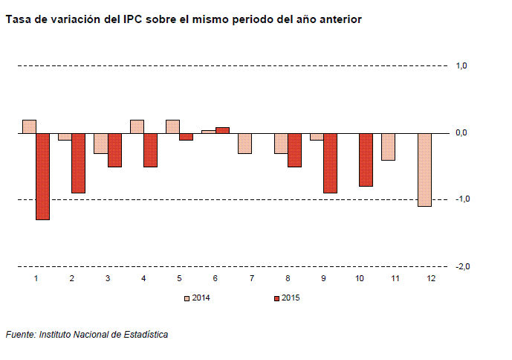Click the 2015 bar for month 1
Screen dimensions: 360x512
tap(43, 176)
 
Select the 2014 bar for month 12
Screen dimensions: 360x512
tap(425, 170)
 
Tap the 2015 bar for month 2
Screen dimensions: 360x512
tap(79, 163)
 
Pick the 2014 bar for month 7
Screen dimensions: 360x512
tap(244, 144)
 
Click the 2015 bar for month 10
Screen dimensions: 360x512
tap(366, 160)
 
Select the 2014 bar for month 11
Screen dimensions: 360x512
tap(389, 147)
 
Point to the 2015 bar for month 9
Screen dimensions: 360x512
tap(331, 163)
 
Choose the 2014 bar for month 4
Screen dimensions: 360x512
tap(137, 126)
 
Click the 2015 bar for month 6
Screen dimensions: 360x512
tap(222, 130)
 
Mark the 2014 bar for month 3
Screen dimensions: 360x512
tap(100, 144)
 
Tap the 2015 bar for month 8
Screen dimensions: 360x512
tap(294, 150)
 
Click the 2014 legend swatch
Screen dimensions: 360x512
tap(187, 298)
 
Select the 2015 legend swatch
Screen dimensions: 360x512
tap(277, 298)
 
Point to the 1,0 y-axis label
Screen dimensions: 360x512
tap(461, 66)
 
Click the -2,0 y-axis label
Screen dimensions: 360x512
tap(460, 266)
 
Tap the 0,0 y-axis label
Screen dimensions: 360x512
tap(461, 132)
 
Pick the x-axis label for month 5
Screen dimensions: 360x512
tap(180, 278)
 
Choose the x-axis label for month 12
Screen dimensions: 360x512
tap(432, 278)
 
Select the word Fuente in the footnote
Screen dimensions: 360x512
tap(20, 335)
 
